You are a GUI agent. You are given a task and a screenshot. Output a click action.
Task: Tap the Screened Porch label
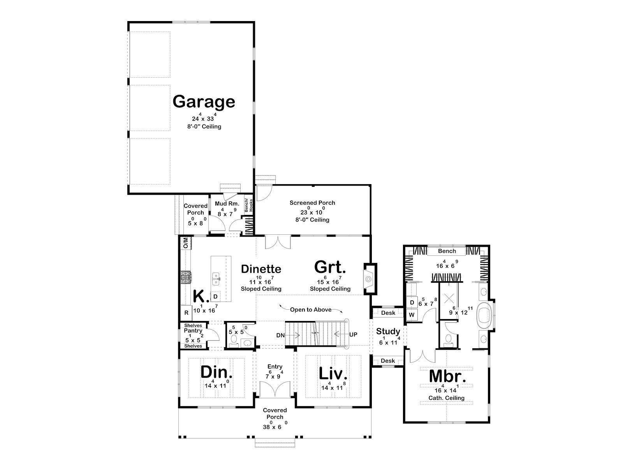(x=312, y=202)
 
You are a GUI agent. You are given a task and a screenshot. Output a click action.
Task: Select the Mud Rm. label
(x=227, y=204)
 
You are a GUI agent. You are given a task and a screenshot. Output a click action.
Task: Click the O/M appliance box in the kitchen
(x=186, y=243)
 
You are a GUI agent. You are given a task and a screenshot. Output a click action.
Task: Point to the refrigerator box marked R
(x=186, y=312)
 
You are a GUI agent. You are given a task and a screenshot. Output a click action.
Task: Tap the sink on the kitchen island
(x=216, y=279)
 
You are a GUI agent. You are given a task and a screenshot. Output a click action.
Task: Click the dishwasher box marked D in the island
(x=215, y=296)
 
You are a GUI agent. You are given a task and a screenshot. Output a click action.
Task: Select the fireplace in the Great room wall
(x=370, y=279)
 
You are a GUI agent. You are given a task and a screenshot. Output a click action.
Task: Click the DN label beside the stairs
(x=280, y=335)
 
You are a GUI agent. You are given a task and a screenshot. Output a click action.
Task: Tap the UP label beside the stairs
(x=353, y=335)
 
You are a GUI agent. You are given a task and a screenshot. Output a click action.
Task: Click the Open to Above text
(x=310, y=309)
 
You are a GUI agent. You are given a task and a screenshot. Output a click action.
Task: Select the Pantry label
(x=193, y=330)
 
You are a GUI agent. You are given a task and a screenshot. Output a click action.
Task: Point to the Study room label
(x=388, y=331)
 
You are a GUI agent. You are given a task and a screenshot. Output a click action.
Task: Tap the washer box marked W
(x=412, y=315)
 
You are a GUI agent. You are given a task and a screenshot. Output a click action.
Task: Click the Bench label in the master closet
(x=447, y=251)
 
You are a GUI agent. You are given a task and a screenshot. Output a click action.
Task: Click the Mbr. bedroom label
(x=448, y=376)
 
